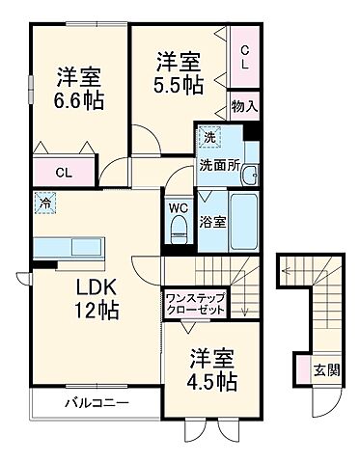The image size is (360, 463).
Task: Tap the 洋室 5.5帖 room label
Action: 180,73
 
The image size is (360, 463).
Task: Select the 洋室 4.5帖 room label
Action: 213,368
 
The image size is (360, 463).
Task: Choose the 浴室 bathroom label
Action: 213,221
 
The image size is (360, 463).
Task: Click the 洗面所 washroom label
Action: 217,164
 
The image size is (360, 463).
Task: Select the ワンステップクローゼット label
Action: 196,304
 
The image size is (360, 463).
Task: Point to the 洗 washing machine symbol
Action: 209,138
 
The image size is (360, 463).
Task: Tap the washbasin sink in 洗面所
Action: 248,175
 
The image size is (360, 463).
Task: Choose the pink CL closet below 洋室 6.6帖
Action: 63,174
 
